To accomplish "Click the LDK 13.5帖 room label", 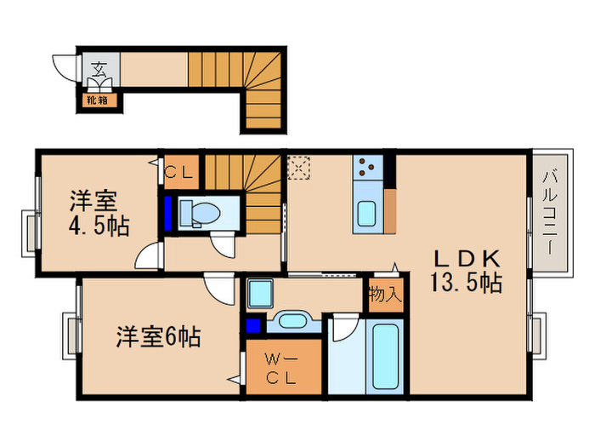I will pos(467,270).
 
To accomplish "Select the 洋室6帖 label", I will pos(158,337).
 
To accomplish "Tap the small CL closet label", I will pos(180,170).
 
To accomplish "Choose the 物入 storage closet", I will pos(383,295).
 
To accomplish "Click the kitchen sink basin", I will pos(367,212).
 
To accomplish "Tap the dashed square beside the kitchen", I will pos(299,167).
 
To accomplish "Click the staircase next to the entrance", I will pos(246,85).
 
